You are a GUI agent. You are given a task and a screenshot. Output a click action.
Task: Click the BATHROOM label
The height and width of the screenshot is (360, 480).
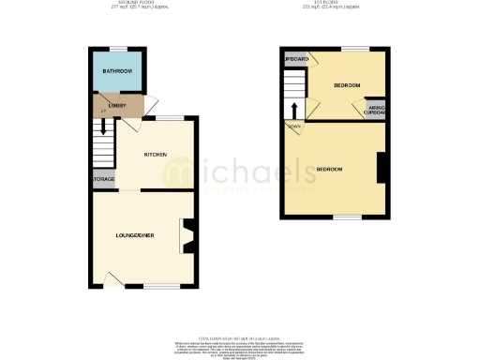(117, 72)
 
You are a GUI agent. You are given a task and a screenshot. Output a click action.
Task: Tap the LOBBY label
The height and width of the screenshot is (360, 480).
(117, 106)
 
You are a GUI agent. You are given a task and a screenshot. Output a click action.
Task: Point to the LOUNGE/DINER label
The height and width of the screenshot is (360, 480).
(134, 233)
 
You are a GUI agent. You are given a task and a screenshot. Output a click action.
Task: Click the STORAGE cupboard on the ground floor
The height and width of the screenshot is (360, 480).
(103, 178)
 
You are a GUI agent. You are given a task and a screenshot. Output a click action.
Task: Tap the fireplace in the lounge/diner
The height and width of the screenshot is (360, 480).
(187, 235)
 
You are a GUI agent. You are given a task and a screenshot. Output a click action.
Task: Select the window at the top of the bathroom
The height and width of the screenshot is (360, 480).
(117, 48)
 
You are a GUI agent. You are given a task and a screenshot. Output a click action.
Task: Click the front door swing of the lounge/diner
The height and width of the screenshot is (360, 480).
(112, 278)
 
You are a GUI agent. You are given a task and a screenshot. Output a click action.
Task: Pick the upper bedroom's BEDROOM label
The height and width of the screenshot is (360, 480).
(346, 85)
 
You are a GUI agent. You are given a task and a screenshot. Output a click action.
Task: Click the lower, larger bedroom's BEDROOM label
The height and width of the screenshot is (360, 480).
(329, 169)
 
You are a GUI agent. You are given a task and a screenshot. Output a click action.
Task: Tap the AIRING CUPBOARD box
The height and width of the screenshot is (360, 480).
(376, 110)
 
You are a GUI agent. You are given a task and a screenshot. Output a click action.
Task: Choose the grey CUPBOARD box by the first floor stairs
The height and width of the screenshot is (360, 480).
(296, 58)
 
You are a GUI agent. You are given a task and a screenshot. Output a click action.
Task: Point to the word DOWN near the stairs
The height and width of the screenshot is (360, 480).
(294, 126)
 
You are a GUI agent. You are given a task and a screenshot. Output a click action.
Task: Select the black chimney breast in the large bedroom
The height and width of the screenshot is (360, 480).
(382, 169)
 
